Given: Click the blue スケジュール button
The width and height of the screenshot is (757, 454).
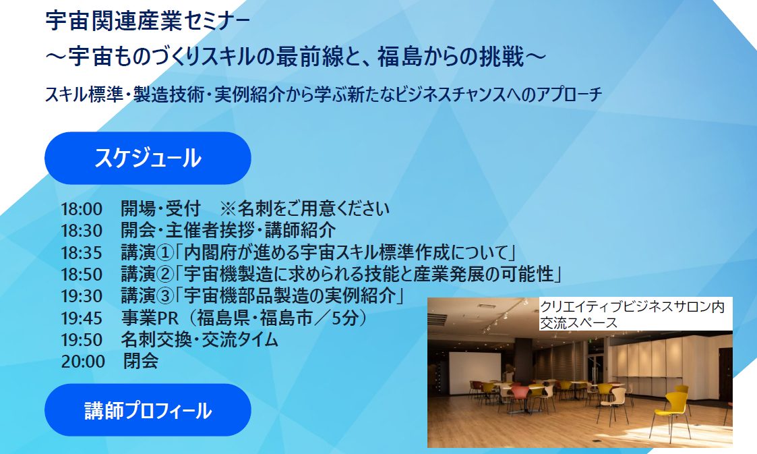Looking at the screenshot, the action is tap(148, 158).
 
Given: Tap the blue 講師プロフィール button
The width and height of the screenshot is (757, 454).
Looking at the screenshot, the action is tap(148, 410).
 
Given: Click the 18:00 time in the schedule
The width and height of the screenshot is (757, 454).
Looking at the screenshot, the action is tap(82, 209).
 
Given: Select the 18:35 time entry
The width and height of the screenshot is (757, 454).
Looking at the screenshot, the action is tap(82, 252).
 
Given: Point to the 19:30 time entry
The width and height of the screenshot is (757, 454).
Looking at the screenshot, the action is tap(82, 296).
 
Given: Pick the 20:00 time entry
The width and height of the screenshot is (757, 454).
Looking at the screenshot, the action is tap(83, 362).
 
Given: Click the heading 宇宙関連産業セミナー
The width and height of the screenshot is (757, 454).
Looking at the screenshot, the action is tap(148, 22).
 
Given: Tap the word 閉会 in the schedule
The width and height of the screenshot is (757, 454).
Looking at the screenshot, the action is tap(140, 361).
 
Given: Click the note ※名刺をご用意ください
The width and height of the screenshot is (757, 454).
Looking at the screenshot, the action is tap(305, 208).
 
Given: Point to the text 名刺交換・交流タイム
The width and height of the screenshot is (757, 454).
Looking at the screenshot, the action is tap(200, 339).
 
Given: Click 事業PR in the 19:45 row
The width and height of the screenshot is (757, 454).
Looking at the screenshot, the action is tap(150, 318).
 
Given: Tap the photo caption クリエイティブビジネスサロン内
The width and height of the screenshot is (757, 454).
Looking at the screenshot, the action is tap(632, 307).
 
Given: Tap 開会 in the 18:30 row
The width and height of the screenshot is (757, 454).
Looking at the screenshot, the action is tap(138, 231).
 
